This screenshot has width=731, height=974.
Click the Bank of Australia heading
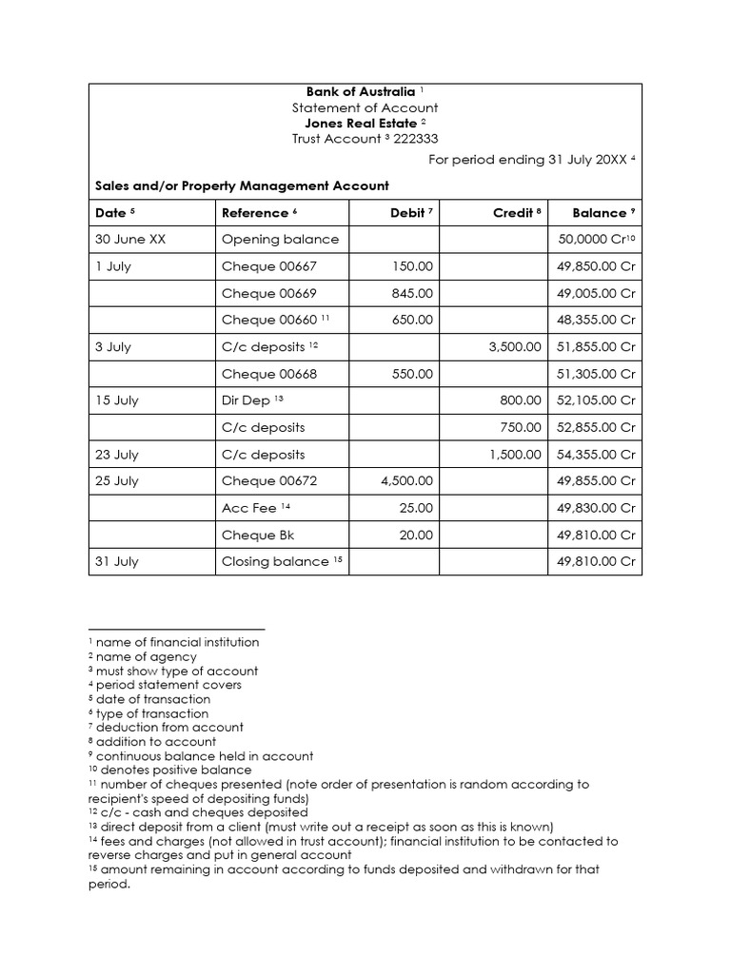coord(360,92)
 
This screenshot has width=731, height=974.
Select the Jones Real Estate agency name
coord(360,124)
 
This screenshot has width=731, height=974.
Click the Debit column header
coord(407,213)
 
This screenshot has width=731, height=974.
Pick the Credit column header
coord(512,213)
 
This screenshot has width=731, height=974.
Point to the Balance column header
coord(599,213)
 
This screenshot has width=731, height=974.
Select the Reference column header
coord(254,213)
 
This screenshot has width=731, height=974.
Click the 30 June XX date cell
coord(130,240)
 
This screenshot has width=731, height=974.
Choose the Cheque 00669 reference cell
coord(268,293)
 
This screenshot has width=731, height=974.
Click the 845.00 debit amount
coord(412,293)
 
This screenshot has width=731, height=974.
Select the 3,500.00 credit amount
coord(515,347)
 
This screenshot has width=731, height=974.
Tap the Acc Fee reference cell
coord(248,508)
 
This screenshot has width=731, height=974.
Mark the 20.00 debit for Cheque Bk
coord(416,535)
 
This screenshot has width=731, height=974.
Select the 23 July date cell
coord(117,455)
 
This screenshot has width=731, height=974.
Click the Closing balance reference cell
coord(275,561)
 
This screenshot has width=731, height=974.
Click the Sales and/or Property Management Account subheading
coord(242,186)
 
